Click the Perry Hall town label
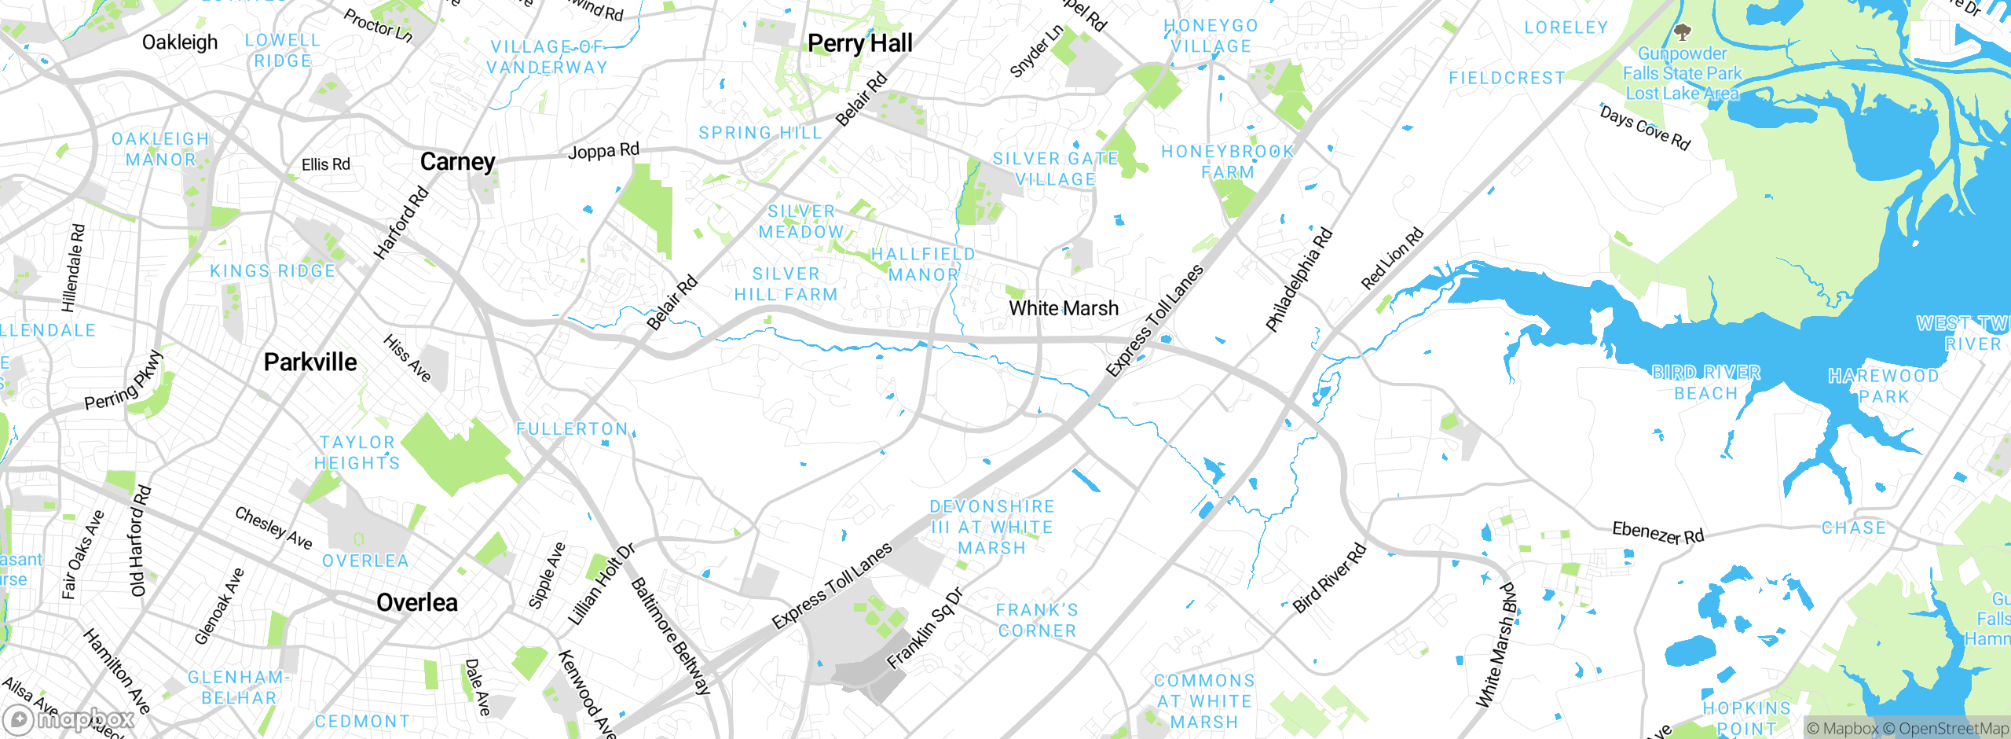[x=859, y=43]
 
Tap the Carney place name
[x=457, y=162]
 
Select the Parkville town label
[x=310, y=362]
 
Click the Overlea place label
[x=416, y=603]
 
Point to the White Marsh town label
[x=1064, y=308]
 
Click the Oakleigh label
[x=180, y=42]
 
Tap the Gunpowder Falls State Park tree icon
[x=1682, y=32]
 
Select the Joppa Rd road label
[x=603, y=150]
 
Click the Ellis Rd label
[x=326, y=164]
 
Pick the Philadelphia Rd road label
[x=1299, y=279]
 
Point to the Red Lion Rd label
[x=1391, y=259]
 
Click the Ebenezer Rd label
[x=1658, y=533]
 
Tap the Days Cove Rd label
[x=1645, y=127]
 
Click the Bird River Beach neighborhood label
[x=1705, y=383]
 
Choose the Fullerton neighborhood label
[x=572, y=429]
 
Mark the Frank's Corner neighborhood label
[x=1037, y=620]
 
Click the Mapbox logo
[x=69, y=719]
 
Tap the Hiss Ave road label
[x=407, y=358]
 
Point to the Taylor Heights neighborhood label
[x=357, y=453]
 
